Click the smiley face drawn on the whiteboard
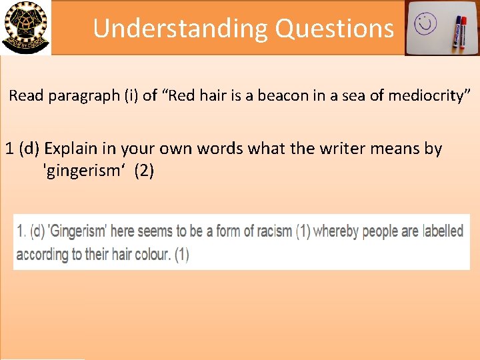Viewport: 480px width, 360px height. pos(424,25)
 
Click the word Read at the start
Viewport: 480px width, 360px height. pos(26,95)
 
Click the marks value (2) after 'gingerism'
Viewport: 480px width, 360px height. pos(144,171)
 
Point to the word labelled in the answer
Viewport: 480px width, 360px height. pos(443,232)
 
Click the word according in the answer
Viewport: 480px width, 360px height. pos(43,255)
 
